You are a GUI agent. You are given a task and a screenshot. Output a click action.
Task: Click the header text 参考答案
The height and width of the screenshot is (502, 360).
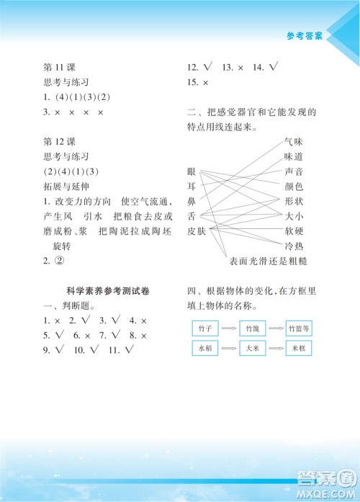tap(306, 34)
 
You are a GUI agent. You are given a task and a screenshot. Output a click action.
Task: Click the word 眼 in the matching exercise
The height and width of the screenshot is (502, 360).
tap(191, 171)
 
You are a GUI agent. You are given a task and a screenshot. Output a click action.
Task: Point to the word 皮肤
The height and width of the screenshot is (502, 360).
tap(196, 230)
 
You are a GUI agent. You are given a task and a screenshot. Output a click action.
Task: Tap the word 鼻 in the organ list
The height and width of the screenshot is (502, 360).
tap(191, 201)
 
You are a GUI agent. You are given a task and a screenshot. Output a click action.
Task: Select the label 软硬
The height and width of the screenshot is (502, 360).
tap(294, 230)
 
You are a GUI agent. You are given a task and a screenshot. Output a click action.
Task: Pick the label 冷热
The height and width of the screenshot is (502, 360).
tap(294, 246)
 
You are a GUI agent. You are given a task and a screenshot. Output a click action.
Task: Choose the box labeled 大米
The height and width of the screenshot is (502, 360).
tap(251, 348)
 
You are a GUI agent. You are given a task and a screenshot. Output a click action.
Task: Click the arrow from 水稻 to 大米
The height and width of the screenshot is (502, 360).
tap(228, 348)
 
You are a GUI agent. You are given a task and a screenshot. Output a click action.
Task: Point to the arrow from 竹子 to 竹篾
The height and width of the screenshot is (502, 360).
tap(228, 328)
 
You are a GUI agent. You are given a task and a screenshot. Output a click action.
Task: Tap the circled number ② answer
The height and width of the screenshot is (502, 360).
tap(60, 261)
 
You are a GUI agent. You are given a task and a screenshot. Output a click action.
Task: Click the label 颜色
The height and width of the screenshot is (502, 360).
tap(294, 186)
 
